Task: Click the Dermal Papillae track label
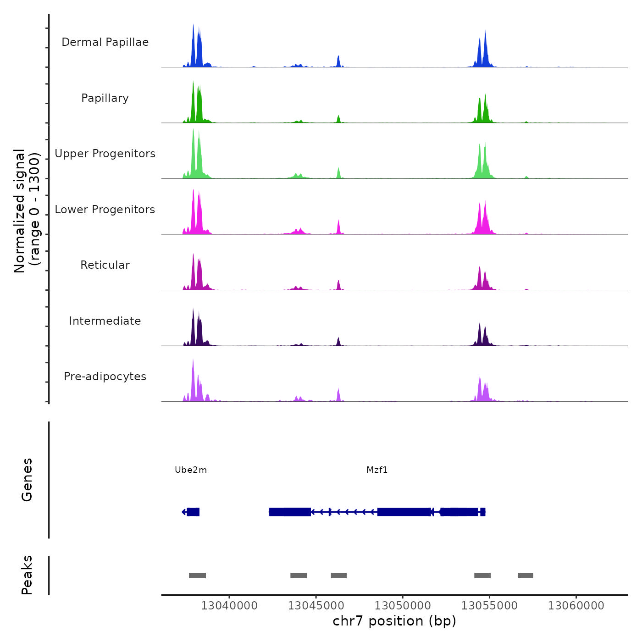pos(105,42)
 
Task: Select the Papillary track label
pos(105,98)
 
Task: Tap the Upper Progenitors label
pos(105,154)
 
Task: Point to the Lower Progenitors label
pos(105,210)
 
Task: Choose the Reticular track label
pos(105,265)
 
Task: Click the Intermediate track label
pos(105,321)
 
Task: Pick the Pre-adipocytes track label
pos(105,376)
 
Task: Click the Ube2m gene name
pos(191,470)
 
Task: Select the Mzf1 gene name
pos(377,470)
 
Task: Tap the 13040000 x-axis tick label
pos(229,606)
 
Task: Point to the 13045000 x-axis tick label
pos(316,606)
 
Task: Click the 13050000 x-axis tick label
pos(403,606)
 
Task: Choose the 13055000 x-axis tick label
pos(489,606)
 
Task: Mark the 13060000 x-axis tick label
pos(576,606)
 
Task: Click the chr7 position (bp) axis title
pos(394,621)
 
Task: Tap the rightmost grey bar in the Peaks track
pos(526,576)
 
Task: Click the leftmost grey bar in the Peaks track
pos(197,576)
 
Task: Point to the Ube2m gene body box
pos(194,512)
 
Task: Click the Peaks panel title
pos(27,575)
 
